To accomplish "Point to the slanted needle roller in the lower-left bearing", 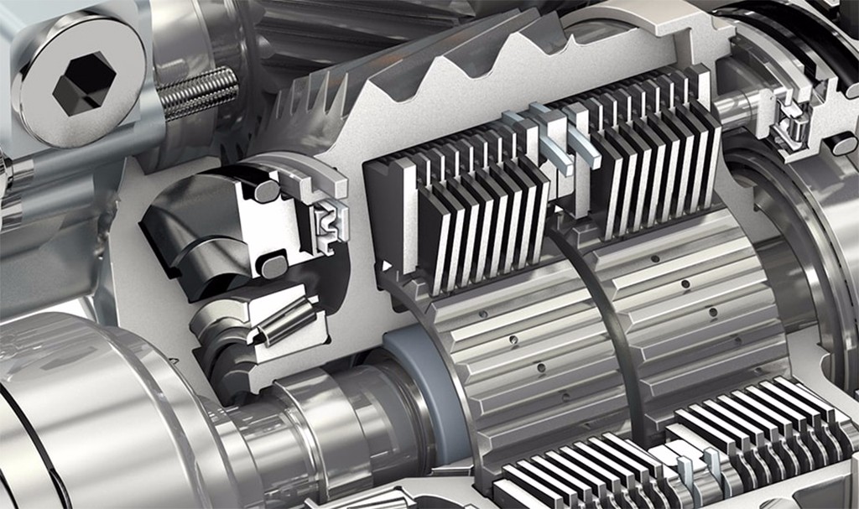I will click(x=284, y=320).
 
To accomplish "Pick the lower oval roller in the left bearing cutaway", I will click(x=273, y=267).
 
